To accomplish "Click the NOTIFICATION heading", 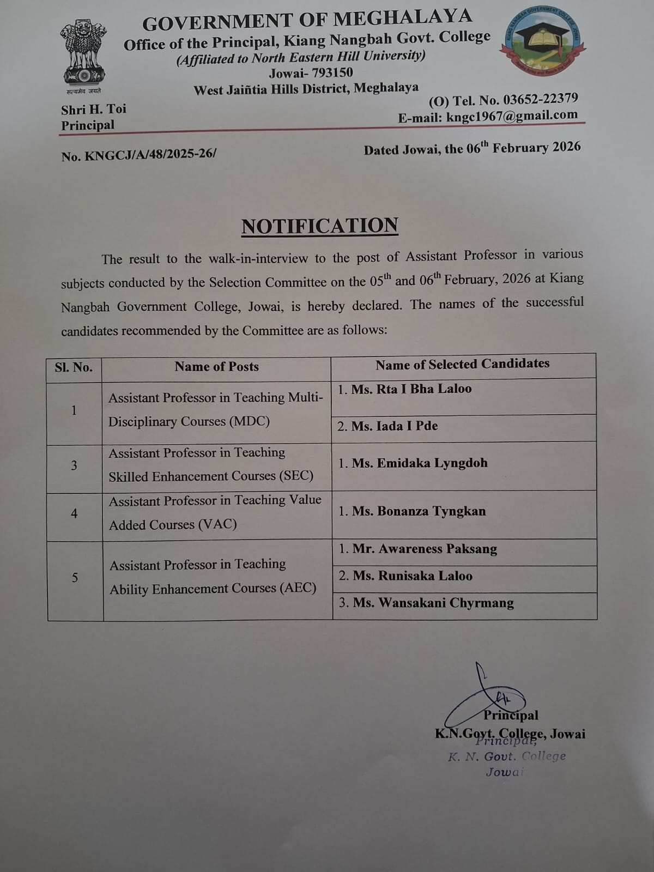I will click(319, 226).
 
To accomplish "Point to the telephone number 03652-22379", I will click(540, 99).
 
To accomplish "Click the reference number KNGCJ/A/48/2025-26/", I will click(150, 154).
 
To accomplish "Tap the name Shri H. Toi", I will click(94, 109).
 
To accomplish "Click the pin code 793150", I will click(332, 72).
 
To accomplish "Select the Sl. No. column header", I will click(74, 367).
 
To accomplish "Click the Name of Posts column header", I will click(216, 367).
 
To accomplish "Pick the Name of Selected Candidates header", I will click(462, 364).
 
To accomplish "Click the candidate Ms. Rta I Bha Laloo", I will click(411, 389).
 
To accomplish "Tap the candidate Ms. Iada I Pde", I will click(394, 426).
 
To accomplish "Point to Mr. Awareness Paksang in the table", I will click(425, 549).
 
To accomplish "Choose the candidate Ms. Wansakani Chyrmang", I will click(433, 603).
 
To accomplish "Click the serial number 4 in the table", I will click(74, 513).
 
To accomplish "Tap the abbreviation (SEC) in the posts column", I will click(295, 476).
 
